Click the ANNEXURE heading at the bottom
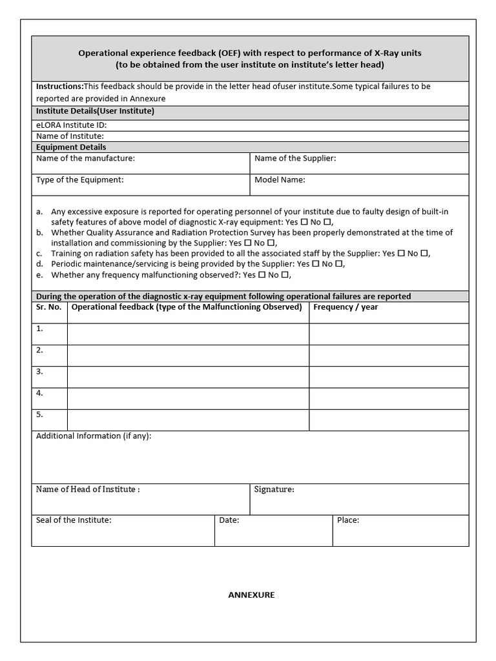[x=251, y=595]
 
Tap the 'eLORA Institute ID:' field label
[x=72, y=125]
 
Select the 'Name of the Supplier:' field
[x=295, y=158]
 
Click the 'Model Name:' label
[x=280, y=180]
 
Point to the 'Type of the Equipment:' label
[x=79, y=180]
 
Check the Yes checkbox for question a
[x=304, y=221]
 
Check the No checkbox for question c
[x=424, y=254]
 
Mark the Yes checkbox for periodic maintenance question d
[x=316, y=264]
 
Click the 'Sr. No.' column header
[x=49, y=307]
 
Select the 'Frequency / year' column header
[x=346, y=307]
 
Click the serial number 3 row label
[x=40, y=371]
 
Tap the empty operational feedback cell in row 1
[x=188, y=334]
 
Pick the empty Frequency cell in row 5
[x=388, y=420]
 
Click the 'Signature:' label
[x=274, y=489]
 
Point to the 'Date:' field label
[x=229, y=520]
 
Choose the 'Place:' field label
[x=348, y=520]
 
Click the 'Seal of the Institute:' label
[x=74, y=520]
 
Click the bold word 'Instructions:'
[x=59, y=86]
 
